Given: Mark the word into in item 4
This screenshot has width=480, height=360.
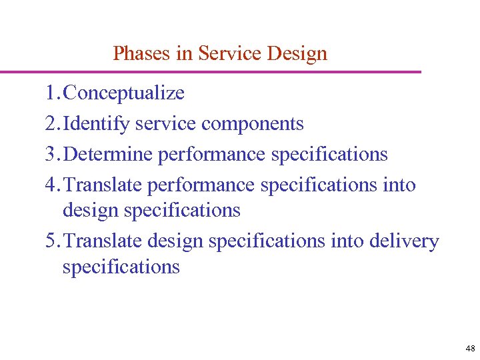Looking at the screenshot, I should (399, 185).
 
